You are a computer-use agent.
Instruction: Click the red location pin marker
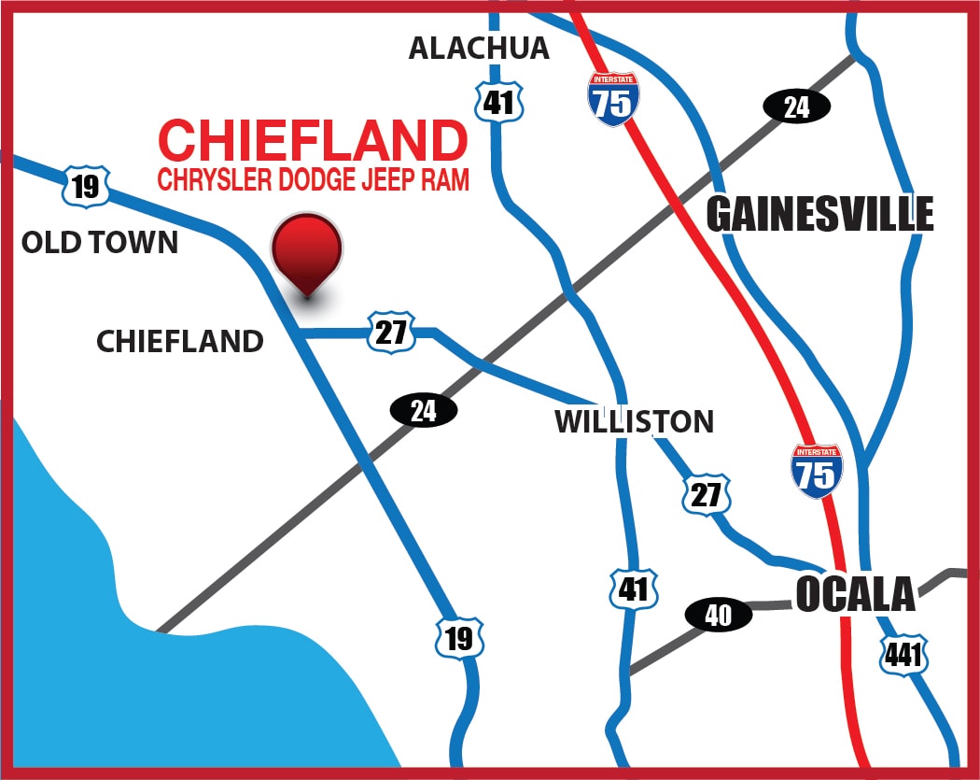click(307, 250)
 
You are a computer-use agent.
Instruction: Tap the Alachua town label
click(479, 49)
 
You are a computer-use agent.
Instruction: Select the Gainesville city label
click(819, 215)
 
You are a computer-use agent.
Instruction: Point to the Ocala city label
click(855, 594)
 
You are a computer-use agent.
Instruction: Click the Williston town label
click(634, 421)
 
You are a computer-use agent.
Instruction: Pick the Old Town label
click(100, 243)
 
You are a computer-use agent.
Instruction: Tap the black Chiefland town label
click(180, 341)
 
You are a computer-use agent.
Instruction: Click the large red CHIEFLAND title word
click(313, 141)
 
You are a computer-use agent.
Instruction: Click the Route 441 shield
click(903, 655)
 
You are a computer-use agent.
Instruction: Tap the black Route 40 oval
click(719, 615)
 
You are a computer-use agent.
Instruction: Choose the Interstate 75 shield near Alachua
click(613, 100)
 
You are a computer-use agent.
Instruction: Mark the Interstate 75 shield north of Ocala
click(816, 470)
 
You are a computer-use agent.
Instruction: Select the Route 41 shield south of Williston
click(633, 589)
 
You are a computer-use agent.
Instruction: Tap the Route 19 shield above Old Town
click(86, 186)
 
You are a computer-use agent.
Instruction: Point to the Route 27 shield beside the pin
click(391, 332)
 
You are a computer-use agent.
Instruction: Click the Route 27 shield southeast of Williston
click(707, 494)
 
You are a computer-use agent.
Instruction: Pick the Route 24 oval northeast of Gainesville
click(796, 107)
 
